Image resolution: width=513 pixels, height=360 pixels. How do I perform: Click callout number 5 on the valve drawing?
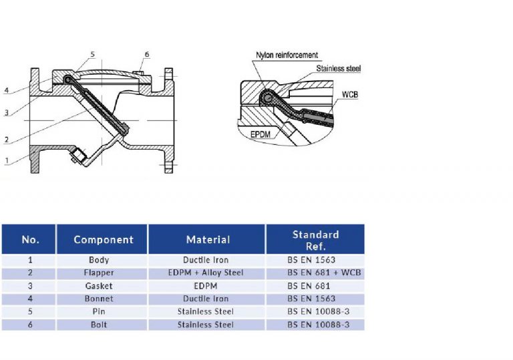tap(93, 54)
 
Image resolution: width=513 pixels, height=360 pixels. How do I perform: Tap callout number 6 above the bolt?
tap(147, 54)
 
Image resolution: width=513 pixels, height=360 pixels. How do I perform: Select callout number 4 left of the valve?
tap(7, 90)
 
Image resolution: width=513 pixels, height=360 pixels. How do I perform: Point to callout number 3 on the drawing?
tap(7, 113)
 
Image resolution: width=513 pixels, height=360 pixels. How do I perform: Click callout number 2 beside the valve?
tap(7, 140)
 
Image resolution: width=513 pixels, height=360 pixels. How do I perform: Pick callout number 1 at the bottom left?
tap(7, 161)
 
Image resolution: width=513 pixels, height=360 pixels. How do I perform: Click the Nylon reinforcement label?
tap(287, 55)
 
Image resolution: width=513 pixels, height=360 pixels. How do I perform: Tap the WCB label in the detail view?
tap(350, 95)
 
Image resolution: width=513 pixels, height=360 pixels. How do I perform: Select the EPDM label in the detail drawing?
tap(261, 134)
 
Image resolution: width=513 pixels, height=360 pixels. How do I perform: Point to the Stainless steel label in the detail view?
tap(338, 68)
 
